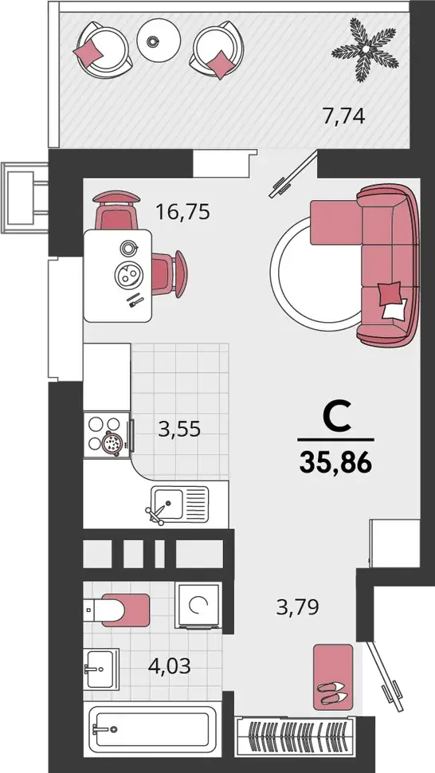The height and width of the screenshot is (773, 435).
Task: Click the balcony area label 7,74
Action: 343,117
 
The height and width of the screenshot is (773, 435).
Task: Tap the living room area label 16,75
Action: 182,212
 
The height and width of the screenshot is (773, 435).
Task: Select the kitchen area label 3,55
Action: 179,429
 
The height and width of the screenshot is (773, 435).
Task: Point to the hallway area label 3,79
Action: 297,607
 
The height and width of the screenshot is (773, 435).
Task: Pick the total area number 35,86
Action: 335,463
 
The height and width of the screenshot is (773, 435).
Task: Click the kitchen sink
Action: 179,504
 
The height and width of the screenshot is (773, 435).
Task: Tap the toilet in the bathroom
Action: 116,610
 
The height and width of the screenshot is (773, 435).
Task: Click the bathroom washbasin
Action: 101,669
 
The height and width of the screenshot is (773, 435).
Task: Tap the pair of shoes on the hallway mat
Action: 332,693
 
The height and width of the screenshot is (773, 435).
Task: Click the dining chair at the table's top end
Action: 116,210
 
